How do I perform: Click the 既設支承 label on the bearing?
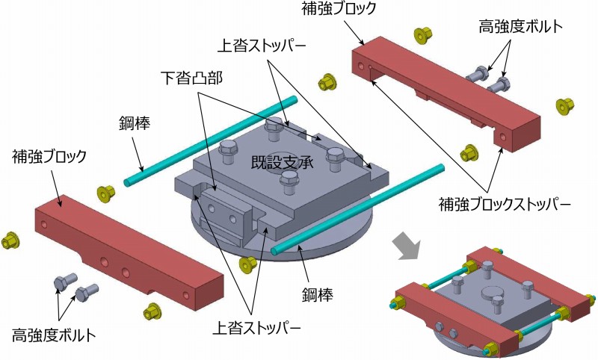click(x=283, y=163)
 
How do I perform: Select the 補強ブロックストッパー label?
click(x=504, y=205)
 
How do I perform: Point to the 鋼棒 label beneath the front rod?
click(x=318, y=294)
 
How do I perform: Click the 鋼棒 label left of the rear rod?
click(x=135, y=123)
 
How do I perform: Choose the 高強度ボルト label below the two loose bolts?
click(x=54, y=335)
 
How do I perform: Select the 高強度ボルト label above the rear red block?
click(x=520, y=26)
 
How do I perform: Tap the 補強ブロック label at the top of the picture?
click(x=339, y=9)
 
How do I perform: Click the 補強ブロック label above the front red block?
click(x=49, y=156)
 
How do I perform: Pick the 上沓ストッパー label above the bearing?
click(x=262, y=46)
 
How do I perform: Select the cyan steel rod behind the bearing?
click(x=211, y=140)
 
